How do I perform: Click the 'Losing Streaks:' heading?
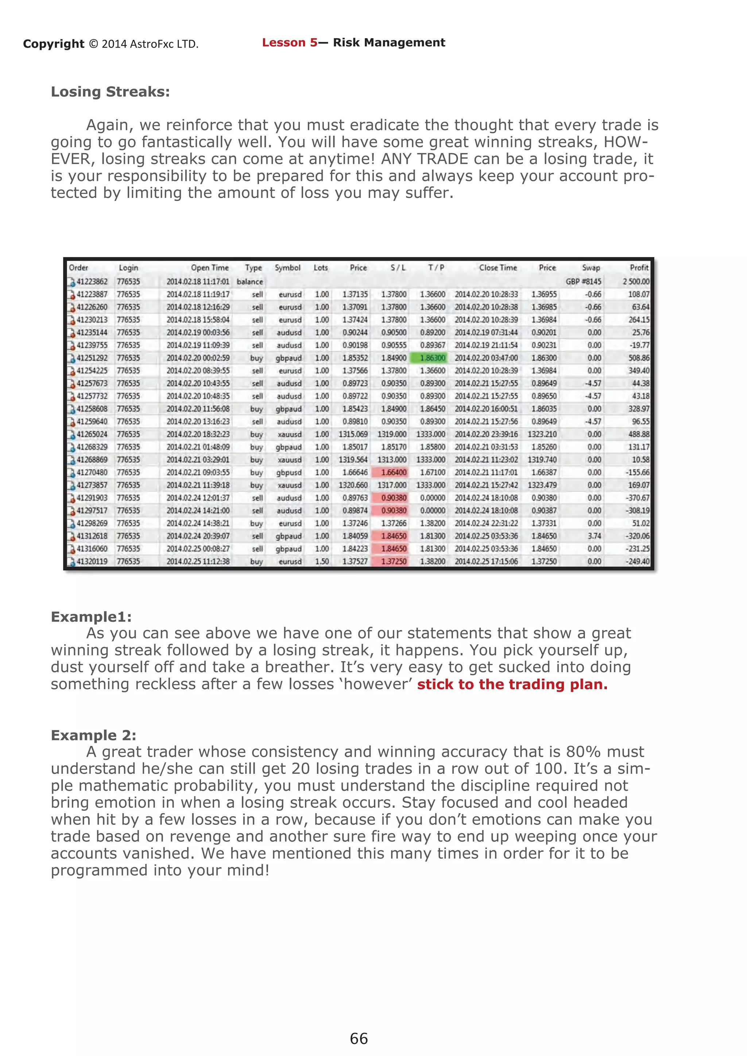click(111, 92)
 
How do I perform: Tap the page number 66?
click(359, 1038)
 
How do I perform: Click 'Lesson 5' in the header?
click(289, 43)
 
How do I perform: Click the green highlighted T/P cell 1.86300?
click(432, 358)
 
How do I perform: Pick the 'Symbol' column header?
click(287, 268)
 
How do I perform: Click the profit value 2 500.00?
click(636, 282)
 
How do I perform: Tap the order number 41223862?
click(92, 282)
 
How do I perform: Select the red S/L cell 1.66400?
click(394, 472)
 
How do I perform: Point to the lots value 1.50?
click(321, 561)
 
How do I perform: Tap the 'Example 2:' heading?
click(93, 735)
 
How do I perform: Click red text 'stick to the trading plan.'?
click(512, 684)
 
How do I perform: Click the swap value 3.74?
click(594, 536)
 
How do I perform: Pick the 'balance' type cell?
click(250, 282)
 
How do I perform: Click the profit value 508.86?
click(638, 358)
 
